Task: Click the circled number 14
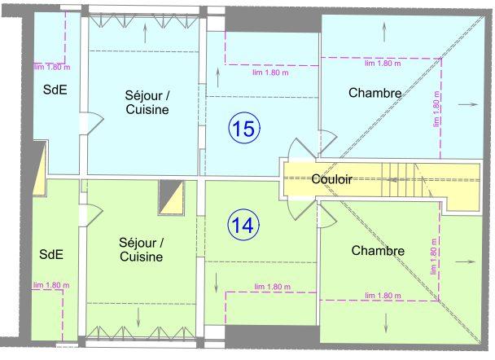(x=243, y=226)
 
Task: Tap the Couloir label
(x=331, y=179)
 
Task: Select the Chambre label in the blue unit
(x=375, y=94)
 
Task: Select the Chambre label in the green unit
(x=378, y=251)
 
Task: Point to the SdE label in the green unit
(x=51, y=254)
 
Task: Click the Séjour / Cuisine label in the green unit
(x=141, y=249)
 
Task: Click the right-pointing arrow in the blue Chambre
(x=467, y=105)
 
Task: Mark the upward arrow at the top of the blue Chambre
(x=384, y=28)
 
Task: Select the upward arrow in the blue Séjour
(x=145, y=32)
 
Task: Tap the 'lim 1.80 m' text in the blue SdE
(x=50, y=68)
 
